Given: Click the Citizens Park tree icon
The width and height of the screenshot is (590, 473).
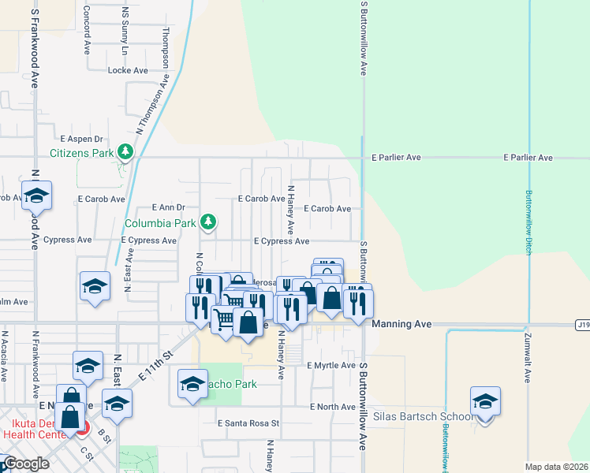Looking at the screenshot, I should tap(125, 151).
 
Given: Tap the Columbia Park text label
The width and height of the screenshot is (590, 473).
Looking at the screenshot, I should tap(168, 223).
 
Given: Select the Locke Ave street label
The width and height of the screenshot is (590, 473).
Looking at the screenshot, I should tap(128, 70).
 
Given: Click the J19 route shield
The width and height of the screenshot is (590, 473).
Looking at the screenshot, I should tap(582, 323).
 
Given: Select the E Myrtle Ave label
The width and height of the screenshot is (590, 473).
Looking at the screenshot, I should tap(331, 365).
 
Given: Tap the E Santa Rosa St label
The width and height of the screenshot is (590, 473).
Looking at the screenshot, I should tap(248, 423).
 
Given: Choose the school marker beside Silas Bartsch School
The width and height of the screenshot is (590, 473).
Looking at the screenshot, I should tap(485, 400).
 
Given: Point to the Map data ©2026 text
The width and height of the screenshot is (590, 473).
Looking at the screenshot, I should tap(555, 467).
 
